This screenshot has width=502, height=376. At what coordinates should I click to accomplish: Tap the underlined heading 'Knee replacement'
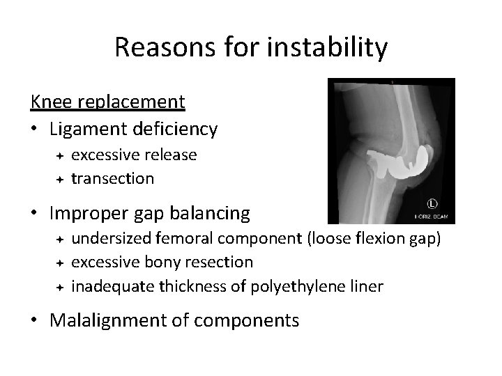(x=107, y=102)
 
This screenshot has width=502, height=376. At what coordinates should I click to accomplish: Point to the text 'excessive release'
(x=134, y=154)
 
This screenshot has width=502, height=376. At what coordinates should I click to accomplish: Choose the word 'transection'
(x=112, y=178)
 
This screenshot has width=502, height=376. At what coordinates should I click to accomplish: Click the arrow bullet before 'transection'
(x=61, y=179)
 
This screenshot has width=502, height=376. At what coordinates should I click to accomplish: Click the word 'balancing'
(x=213, y=212)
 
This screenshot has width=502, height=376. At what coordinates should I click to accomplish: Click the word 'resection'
(x=219, y=262)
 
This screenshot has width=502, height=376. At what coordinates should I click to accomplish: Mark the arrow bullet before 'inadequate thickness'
(x=61, y=287)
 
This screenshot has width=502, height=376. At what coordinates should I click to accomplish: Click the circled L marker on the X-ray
(x=432, y=205)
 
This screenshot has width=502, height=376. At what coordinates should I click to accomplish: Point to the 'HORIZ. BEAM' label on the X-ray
(x=431, y=218)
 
